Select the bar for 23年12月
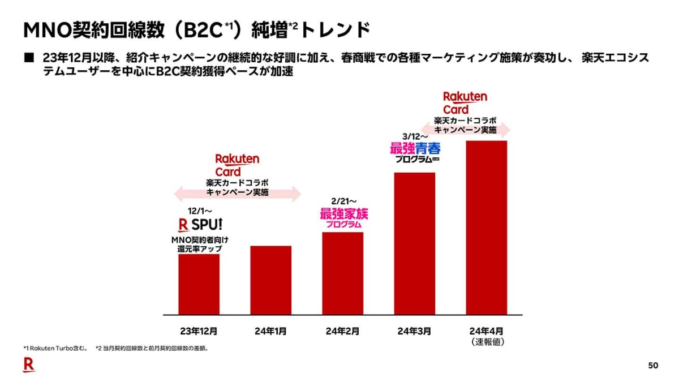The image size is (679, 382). [x=199, y=284]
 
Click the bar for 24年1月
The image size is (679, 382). [x=270, y=280]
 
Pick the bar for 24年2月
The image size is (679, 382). [x=342, y=273]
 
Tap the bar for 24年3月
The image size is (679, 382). [x=414, y=243]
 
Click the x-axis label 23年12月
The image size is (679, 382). [x=199, y=331]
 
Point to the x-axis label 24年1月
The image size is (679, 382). [x=270, y=331]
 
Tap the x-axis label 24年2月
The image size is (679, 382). [x=342, y=331]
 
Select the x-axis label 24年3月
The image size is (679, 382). [x=414, y=331]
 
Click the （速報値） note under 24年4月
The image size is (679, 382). [x=486, y=342]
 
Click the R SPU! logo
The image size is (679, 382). [x=200, y=225]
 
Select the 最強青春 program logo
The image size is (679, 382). [x=415, y=152]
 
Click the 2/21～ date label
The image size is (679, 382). [x=342, y=201]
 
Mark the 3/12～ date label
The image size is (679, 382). [x=414, y=136]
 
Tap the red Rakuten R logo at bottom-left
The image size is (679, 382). [x=28, y=366]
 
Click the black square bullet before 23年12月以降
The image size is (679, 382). [x=28, y=58]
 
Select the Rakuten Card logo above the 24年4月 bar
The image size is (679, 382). [x=465, y=102]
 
